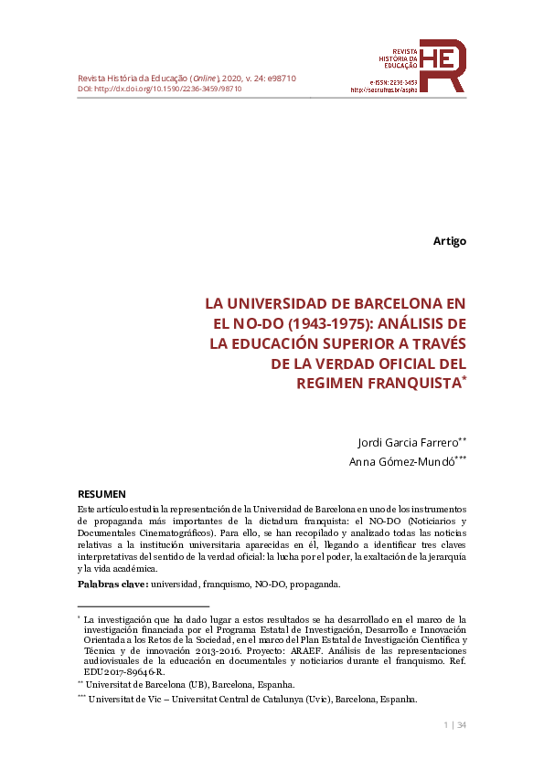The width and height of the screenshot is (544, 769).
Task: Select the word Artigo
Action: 449,241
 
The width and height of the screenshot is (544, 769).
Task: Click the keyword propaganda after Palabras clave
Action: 314,583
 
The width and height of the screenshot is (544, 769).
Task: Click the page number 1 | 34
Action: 454,725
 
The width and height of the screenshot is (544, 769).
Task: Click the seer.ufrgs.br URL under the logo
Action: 384,90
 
